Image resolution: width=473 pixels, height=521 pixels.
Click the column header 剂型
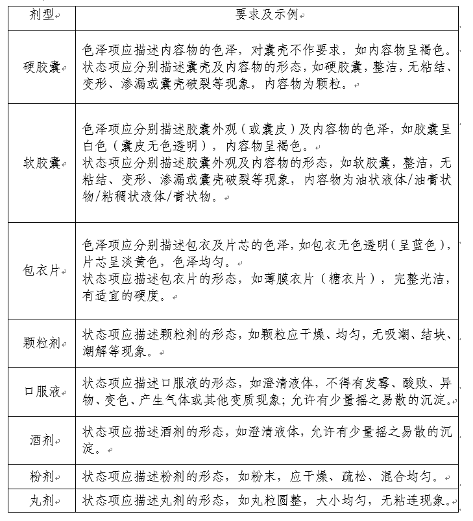point(41,15)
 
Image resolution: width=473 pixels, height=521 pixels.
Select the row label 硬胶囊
point(41,67)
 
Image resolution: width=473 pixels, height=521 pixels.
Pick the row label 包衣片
point(41,271)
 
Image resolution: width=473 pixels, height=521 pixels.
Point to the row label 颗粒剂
point(41,343)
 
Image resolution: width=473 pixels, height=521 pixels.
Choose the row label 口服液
point(41,392)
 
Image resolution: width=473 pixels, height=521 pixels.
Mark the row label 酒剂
point(41,441)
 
